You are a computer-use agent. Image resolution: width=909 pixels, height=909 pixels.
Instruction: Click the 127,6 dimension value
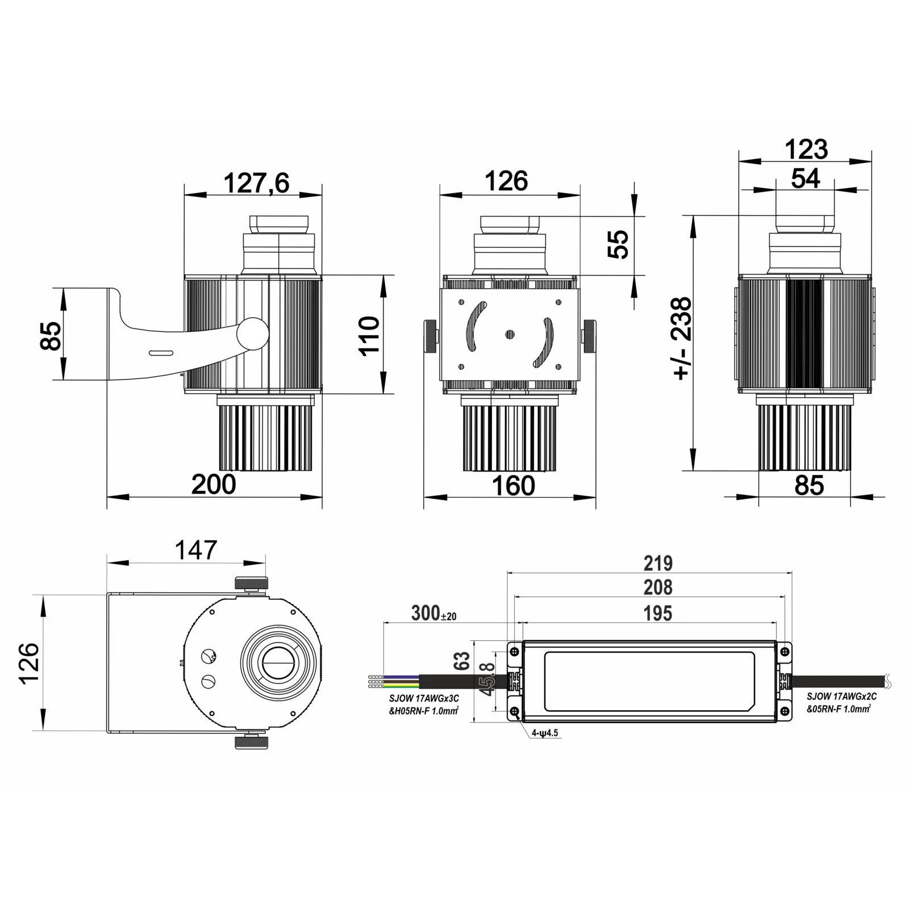256,183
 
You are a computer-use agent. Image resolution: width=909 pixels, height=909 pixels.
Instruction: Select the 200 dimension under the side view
214,485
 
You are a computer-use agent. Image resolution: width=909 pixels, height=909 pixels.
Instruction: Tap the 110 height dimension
369,335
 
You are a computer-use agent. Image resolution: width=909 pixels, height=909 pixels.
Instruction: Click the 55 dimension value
619,244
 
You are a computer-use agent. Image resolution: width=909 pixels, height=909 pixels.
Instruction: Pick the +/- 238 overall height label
682,337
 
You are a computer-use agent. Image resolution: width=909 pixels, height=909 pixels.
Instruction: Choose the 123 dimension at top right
806,149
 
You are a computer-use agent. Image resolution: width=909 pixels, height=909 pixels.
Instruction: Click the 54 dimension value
806,178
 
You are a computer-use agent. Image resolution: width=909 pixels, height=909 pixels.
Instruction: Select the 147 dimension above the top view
195,550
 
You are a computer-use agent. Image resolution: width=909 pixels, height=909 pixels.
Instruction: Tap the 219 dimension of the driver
658,563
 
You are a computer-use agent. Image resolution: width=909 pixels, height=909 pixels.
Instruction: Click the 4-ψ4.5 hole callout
545,733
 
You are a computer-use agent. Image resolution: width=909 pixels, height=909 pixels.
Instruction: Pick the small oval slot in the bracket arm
160,353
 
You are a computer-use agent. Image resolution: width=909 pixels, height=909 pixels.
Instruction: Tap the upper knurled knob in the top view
251,583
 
